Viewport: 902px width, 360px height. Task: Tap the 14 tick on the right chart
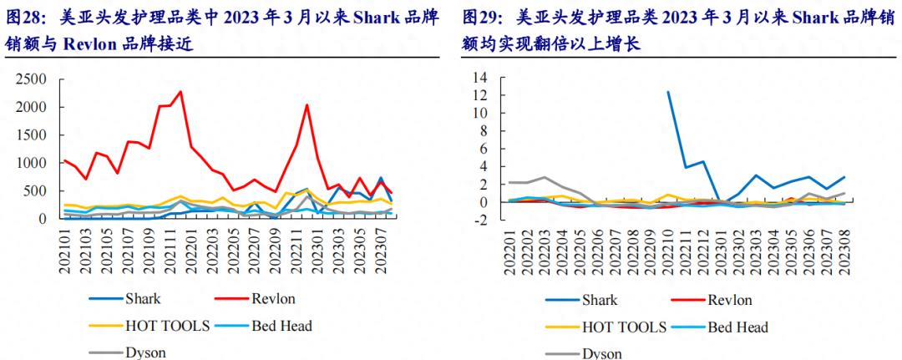(480, 78)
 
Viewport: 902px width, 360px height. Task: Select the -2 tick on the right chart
(480, 221)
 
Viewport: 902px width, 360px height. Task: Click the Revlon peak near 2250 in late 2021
(180, 92)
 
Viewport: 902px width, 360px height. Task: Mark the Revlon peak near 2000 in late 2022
(307, 105)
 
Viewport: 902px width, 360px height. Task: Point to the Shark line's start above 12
(668, 92)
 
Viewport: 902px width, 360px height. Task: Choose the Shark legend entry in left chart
(143, 298)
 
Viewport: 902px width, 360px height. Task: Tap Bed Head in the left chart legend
(281, 326)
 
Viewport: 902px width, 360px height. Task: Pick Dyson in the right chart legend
(601, 353)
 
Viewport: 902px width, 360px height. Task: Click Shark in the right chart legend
(600, 300)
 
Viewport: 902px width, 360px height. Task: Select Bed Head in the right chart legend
(737, 327)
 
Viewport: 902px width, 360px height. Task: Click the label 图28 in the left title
(26, 16)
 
